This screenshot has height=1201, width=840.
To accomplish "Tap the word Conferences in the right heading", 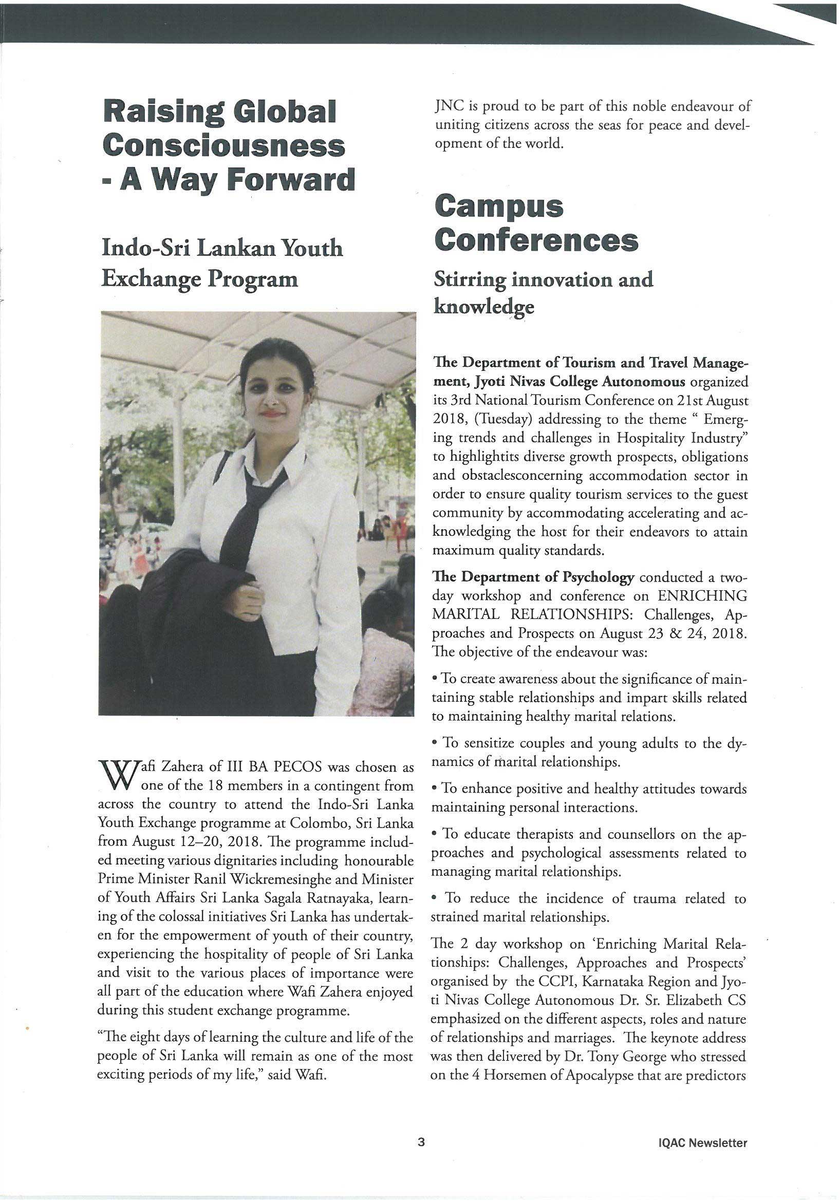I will click(536, 240).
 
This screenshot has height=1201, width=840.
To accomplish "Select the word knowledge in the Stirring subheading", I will click(484, 307).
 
